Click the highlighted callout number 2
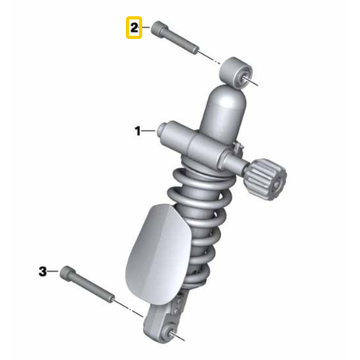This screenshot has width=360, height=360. click(x=134, y=28)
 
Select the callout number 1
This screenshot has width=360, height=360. click(x=138, y=131)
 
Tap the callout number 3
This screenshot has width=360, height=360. click(x=42, y=271)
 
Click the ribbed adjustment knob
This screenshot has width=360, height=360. click(x=267, y=180)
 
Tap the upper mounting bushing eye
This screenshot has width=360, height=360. click(x=236, y=72)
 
